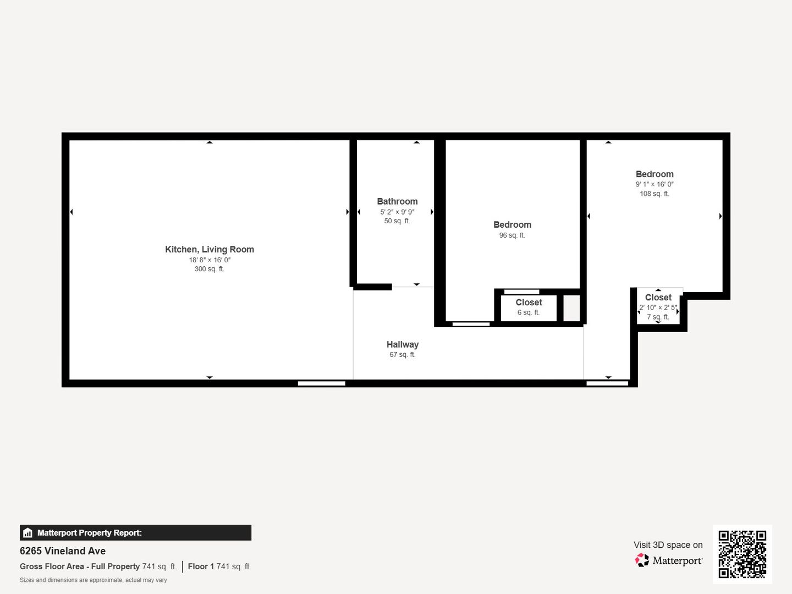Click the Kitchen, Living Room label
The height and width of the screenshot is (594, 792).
pos(210,249)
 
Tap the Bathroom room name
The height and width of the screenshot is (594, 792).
pos(397,201)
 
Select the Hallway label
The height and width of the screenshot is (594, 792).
pos(402,344)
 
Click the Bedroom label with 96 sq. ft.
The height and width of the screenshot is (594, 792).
pos(513,225)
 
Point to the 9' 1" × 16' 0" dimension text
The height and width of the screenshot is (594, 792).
pos(654,184)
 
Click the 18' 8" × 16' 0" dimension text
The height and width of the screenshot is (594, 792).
pos(210,260)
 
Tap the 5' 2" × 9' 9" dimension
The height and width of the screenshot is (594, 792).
pos(397,212)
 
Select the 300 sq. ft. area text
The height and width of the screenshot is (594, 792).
pos(210,269)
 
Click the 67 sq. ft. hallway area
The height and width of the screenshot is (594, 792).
pos(402,355)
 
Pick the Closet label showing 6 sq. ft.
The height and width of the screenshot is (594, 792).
pos(529,302)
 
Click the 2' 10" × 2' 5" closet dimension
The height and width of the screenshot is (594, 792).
pos(658,307)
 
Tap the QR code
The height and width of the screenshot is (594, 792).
pos(742,554)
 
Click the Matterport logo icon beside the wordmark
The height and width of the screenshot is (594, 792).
pos(642,560)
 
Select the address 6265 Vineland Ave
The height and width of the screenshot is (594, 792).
pos(63,551)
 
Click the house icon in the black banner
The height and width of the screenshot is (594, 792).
pos(28,533)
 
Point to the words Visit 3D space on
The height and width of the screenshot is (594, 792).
pos(668,544)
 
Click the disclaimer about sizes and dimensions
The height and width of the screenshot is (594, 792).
pos(93,580)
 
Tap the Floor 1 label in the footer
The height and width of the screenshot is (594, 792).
pos(201,566)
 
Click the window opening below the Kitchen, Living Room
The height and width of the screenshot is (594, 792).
pos(322,383)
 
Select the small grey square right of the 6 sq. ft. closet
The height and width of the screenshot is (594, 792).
pos(571,309)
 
